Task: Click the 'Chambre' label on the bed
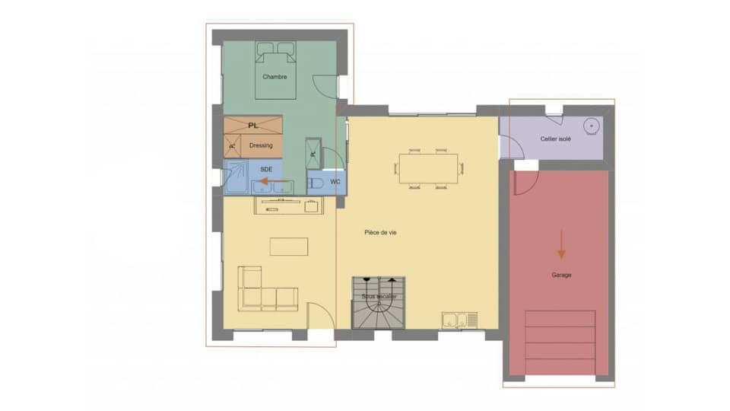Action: [x=274, y=77]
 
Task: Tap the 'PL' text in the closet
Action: [x=253, y=125]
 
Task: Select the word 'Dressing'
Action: [x=261, y=145]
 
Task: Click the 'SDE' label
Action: [x=266, y=168]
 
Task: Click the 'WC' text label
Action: [x=335, y=183]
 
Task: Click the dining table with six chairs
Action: [x=430, y=169]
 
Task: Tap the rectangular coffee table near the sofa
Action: [x=289, y=247]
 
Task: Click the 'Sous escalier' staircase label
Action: [x=379, y=296]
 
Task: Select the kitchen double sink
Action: [x=459, y=319]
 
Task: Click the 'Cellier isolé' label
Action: [x=556, y=139]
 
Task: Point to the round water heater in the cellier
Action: [x=591, y=126]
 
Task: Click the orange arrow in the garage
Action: [x=561, y=244]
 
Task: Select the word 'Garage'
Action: [x=561, y=275]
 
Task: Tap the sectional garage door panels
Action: [x=560, y=342]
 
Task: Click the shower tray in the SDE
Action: [x=236, y=177]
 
